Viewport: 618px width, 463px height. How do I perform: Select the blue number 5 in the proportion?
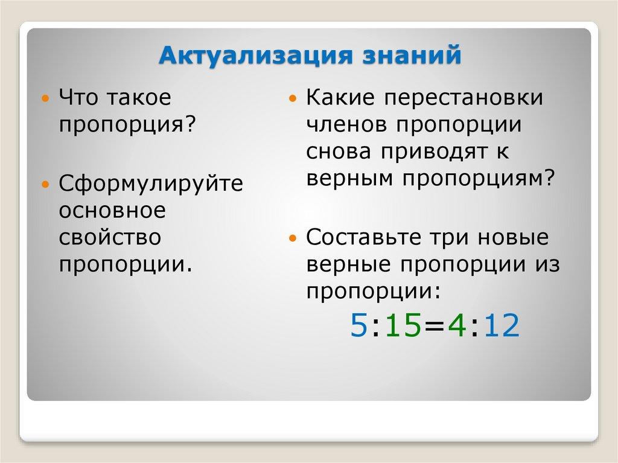(358, 327)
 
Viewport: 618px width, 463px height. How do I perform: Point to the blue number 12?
(500, 327)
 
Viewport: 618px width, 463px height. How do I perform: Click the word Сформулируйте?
(150, 183)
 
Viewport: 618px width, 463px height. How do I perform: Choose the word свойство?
(110, 237)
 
